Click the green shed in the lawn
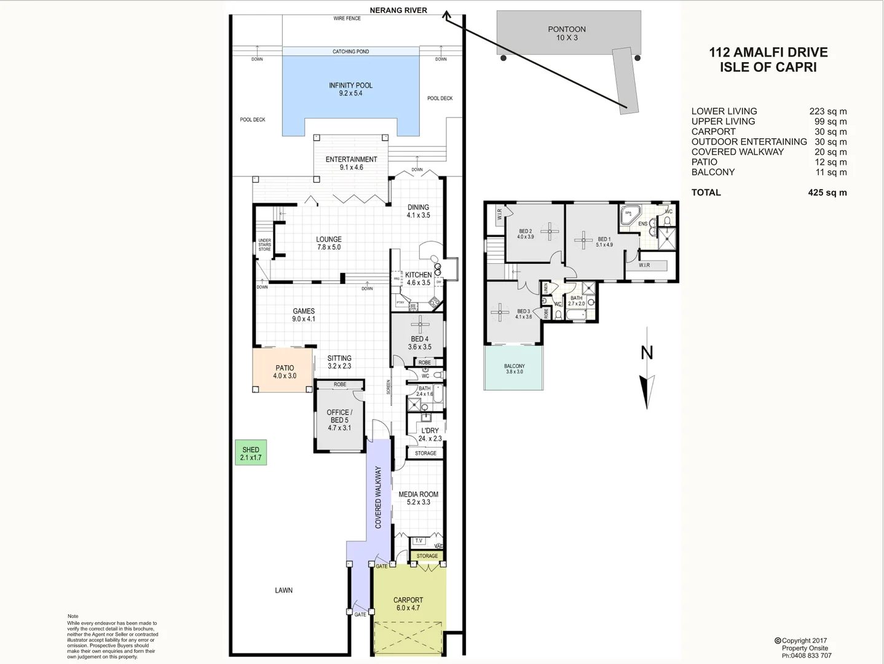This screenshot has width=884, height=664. coord(251,453)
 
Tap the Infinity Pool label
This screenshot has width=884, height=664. coord(350,89)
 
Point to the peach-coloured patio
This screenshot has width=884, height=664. coord(283,371)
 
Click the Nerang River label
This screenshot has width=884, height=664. coord(398,10)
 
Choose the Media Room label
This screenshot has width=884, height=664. coord(418,498)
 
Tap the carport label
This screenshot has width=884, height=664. coord(408,603)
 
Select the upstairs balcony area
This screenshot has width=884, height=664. coord(514,369)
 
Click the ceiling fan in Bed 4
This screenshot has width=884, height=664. coord(420,323)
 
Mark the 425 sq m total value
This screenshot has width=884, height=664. coord(827,192)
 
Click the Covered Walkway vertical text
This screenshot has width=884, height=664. coord(378,497)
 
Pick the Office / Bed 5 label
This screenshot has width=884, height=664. coord(339,420)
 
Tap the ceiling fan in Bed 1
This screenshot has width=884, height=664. coord(583,239)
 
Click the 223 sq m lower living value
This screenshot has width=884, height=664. coord(827,111)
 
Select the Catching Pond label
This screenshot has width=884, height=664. coord(350,52)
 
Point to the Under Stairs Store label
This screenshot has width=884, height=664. coord(264,245)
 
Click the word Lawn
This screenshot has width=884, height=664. coord(283,590)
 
